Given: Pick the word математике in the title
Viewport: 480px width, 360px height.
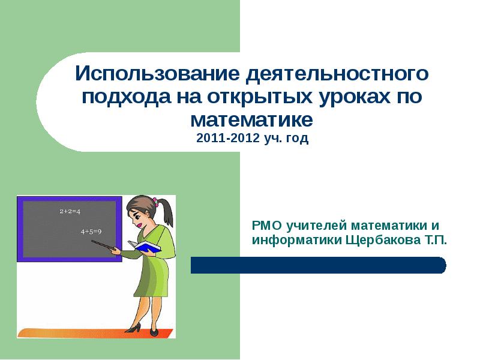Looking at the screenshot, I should pyautogui.click(x=252, y=119).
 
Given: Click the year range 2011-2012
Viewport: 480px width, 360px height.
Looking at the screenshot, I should pyautogui.click(x=227, y=139).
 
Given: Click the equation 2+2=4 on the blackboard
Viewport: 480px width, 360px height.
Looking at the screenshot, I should pyautogui.click(x=70, y=212).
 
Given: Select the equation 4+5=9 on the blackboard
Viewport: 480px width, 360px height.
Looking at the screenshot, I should pyautogui.click(x=91, y=231).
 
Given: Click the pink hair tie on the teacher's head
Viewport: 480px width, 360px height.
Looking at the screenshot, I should pyautogui.click(x=155, y=203).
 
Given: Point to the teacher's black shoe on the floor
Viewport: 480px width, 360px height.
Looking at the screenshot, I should pyautogui.click(x=136, y=328).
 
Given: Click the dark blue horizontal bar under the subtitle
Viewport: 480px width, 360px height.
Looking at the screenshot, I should pyautogui.click(x=318, y=265).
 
